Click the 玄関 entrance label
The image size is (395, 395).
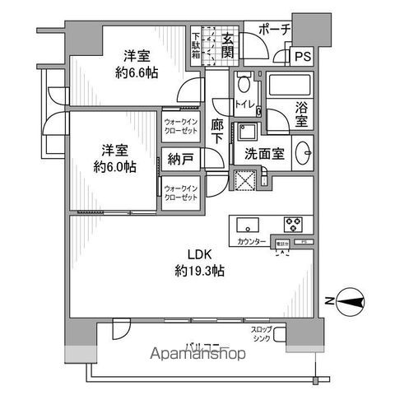click(x=227, y=45)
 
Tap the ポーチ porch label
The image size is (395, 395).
click(x=274, y=30)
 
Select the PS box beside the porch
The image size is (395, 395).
click(x=301, y=57)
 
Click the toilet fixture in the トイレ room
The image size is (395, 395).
click(x=244, y=86)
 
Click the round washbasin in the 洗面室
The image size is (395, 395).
click(x=302, y=153)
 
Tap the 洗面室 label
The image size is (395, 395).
click(x=262, y=152)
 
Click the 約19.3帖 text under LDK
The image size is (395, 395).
click(x=202, y=271)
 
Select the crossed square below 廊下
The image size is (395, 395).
click(x=244, y=179)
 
